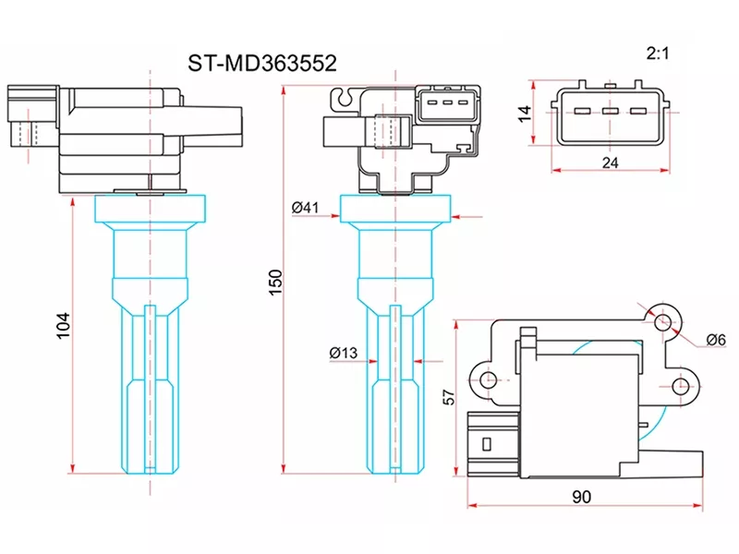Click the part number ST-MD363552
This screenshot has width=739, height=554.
262,63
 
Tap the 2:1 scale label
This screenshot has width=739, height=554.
657,55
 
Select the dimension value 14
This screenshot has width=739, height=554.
524,114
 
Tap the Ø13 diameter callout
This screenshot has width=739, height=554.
343,352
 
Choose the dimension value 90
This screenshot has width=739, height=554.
581,497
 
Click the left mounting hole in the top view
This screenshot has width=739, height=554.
490,379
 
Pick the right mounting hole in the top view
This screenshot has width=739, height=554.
681,385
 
